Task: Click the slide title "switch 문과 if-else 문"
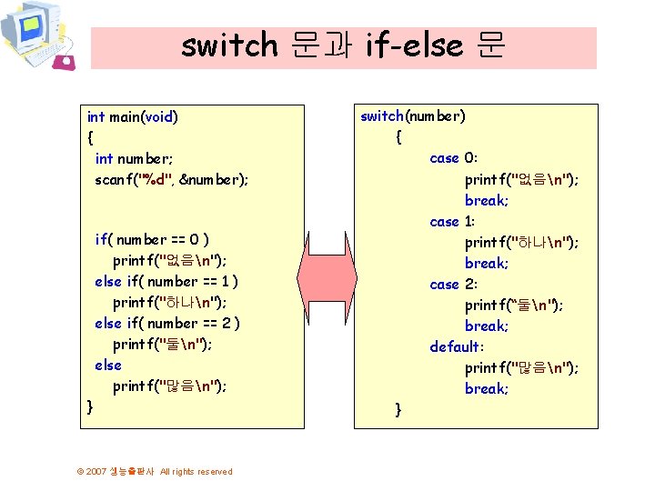[x=342, y=45]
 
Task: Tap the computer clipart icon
[x=37, y=36]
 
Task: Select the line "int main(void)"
[x=132, y=116]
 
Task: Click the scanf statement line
[x=171, y=179]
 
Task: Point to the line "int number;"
[x=135, y=158]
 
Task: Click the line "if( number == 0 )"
[x=152, y=240]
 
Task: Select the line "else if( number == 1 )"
[x=166, y=282]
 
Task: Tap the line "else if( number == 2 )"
[x=166, y=324]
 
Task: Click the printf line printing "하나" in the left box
[x=169, y=303]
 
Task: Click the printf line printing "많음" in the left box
[x=169, y=386]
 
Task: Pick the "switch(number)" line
[x=413, y=115]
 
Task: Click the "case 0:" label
[x=452, y=158]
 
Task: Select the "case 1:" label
[x=452, y=221]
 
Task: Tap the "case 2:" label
[x=452, y=284]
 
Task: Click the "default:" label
[x=458, y=346]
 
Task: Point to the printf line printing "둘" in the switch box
[x=513, y=305]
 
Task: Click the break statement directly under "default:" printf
[x=487, y=388]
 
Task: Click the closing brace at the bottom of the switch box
[x=398, y=410]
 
